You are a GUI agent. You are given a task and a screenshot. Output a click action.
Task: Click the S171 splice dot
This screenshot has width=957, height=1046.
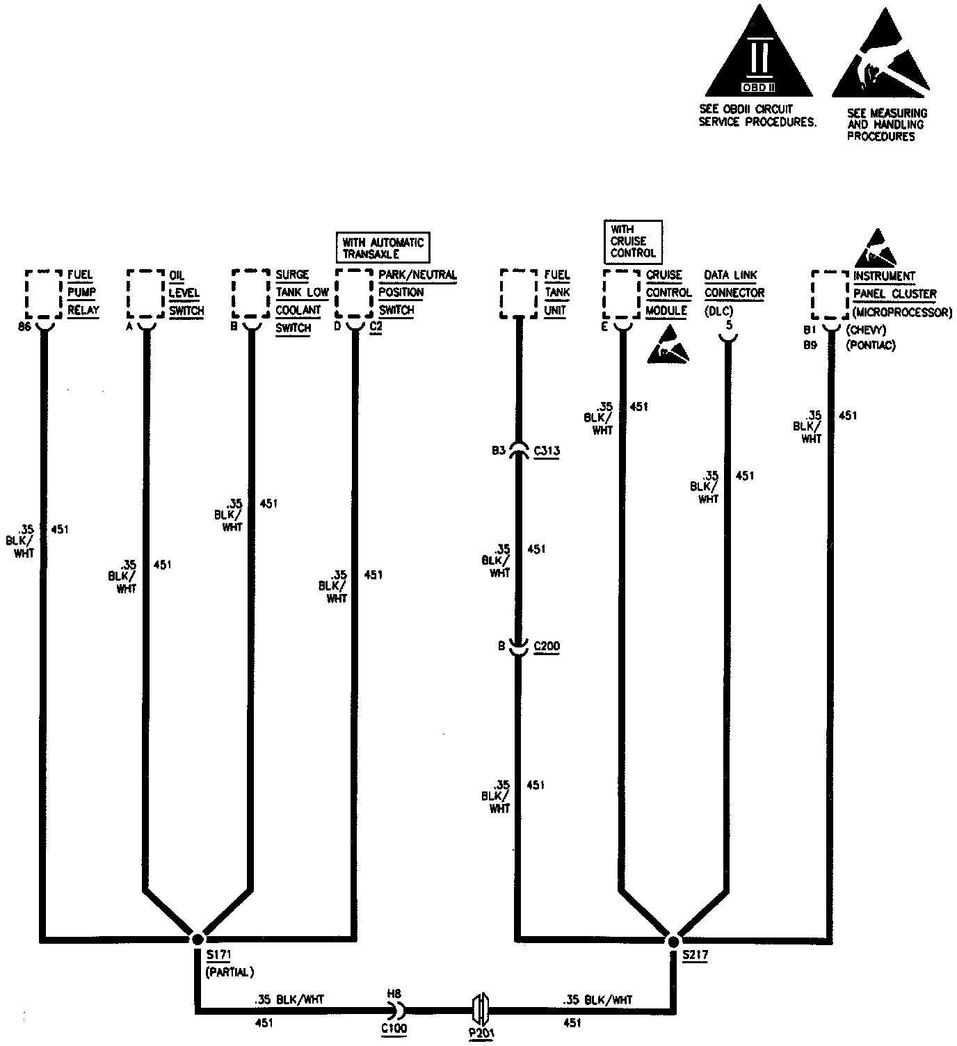197,938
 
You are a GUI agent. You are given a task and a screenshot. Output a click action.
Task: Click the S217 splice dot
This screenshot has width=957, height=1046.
673,941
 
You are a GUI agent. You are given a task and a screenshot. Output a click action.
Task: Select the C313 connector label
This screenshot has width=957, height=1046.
547,451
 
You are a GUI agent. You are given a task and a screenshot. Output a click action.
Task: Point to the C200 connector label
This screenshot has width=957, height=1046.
547,647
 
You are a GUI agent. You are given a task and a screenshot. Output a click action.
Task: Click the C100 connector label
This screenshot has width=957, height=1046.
394,1028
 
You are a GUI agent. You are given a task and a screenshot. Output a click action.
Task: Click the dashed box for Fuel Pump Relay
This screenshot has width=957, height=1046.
43,294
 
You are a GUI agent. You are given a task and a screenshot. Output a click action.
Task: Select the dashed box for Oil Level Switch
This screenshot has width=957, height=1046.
145,294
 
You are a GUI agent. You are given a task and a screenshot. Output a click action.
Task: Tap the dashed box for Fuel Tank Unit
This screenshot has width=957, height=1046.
519,294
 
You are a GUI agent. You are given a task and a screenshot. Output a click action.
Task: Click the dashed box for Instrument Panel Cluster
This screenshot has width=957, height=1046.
830,296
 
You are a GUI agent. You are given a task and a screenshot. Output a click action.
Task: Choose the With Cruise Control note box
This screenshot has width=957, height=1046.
632,241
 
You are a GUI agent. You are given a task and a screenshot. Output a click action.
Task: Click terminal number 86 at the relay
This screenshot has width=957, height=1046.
25,327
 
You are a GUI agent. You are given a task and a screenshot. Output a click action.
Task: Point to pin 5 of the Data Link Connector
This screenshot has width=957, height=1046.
728,325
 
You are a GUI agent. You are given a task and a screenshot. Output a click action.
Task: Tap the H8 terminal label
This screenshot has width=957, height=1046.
395,995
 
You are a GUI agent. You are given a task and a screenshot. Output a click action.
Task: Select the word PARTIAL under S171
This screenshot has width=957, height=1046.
230,972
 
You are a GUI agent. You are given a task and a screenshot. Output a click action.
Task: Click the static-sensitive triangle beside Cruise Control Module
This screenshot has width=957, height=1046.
668,345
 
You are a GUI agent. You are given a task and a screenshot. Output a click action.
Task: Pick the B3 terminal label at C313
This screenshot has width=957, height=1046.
499,451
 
